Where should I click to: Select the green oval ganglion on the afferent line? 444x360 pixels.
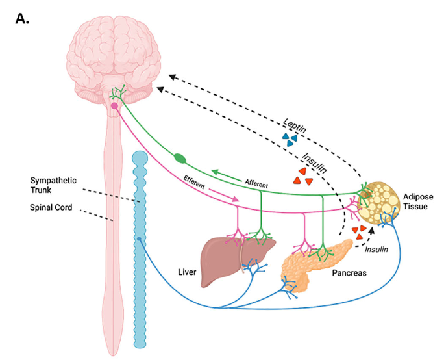[180, 158]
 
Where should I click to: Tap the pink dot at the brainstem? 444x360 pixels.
[114, 105]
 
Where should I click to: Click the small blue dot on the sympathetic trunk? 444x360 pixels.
[140, 239]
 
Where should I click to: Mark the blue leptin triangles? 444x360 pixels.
[290, 138]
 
